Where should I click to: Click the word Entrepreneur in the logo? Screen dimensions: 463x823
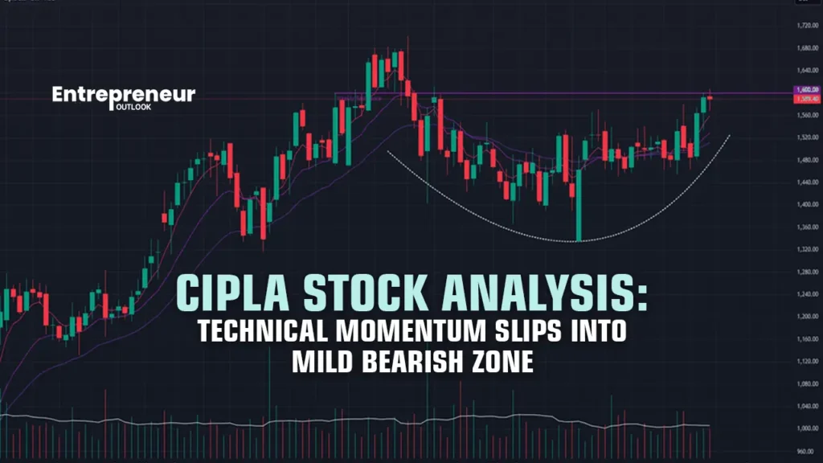pyautogui.click(x=124, y=94)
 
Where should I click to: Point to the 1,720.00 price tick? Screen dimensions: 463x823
pyautogui.click(x=804, y=27)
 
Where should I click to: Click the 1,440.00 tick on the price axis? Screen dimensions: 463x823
pyautogui.click(x=804, y=182)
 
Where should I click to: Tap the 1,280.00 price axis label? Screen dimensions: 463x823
pyautogui.click(x=804, y=272)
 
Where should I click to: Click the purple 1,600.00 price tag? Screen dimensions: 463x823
pyautogui.click(x=804, y=90)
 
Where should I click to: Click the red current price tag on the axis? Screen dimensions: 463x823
pyautogui.click(x=804, y=99)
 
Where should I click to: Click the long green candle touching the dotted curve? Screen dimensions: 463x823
pyautogui.click(x=578, y=205)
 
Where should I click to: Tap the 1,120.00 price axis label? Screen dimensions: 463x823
pyautogui.click(x=804, y=361)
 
